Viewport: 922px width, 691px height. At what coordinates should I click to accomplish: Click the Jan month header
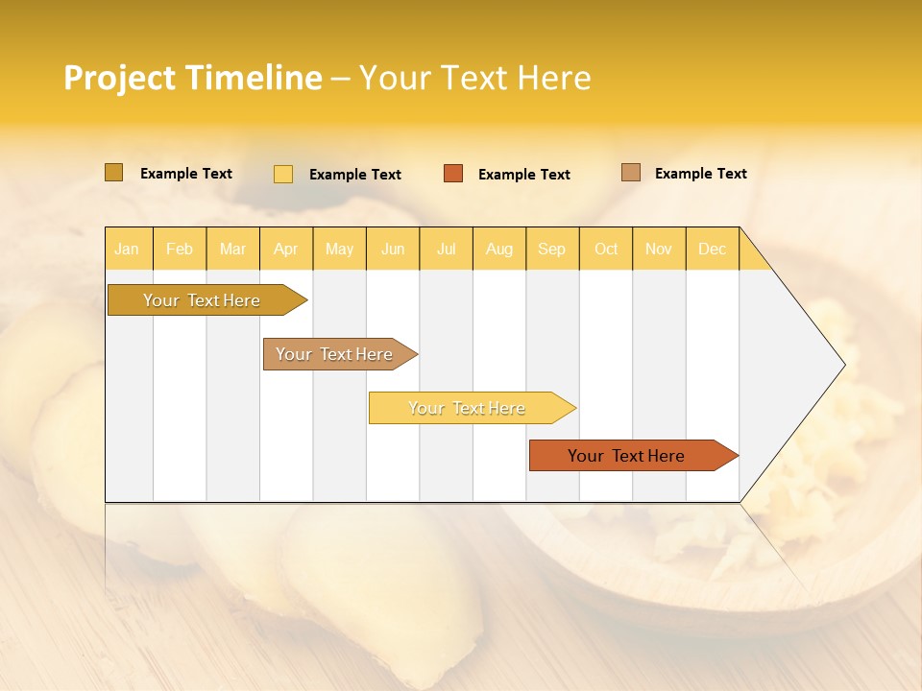click(128, 249)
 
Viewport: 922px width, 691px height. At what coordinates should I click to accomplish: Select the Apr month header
click(286, 249)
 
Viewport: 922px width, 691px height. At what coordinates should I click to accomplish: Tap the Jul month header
click(446, 249)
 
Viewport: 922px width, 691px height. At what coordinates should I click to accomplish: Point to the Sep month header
click(552, 249)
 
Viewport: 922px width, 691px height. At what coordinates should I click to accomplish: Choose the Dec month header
click(712, 249)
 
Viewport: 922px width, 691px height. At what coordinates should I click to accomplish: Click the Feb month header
click(180, 249)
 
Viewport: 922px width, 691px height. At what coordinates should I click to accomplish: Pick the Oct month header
click(606, 249)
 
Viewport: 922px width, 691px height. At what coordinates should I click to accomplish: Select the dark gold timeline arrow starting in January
click(202, 300)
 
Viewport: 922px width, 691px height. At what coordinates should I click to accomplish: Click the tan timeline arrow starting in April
click(334, 354)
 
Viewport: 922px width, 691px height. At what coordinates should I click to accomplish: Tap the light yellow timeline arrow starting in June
click(467, 408)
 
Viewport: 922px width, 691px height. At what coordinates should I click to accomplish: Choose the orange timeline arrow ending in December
click(626, 456)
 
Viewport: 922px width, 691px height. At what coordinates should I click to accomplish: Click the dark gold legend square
click(113, 173)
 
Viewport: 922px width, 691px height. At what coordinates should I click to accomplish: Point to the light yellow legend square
click(283, 174)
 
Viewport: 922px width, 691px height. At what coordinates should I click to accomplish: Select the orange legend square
click(453, 174)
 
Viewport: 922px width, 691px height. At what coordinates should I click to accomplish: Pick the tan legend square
click(630, 173)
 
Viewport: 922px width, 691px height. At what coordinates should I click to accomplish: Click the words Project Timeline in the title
click(192, 78)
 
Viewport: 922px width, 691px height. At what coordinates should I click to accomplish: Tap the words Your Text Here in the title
click(474, 78)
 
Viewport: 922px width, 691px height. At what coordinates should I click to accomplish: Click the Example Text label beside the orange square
click(523, 175)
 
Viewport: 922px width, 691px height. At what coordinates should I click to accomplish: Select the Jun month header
click(393, 249)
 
